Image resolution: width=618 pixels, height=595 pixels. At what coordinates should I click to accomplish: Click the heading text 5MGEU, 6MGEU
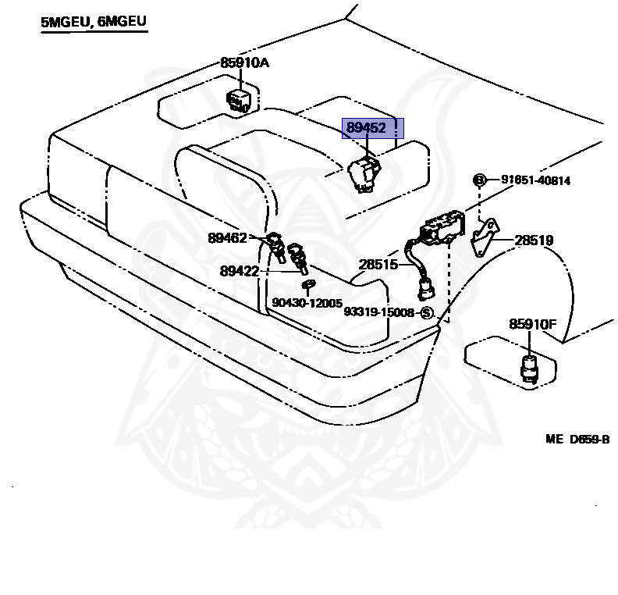(94, 21)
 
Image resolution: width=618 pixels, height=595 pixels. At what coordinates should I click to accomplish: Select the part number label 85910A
(244, 62)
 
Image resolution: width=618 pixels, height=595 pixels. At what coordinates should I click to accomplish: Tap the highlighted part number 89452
(366, 128)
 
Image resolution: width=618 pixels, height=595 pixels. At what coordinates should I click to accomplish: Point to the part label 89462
(227, 237)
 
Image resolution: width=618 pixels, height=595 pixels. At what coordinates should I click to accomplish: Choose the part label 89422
(240, 271)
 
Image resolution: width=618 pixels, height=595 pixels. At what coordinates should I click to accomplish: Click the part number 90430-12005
(307, 302)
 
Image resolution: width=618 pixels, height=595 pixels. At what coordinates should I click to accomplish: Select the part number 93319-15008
(378, 312)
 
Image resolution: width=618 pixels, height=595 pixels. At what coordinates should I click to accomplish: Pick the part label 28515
(378, 264)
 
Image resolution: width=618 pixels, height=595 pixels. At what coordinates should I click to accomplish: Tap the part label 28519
(534, 240)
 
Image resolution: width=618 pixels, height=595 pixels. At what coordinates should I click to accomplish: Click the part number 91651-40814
(535, 180)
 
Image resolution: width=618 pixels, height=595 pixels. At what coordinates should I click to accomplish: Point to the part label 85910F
(533, 324)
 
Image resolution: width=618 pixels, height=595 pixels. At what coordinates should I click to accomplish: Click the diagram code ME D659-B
(577, 439)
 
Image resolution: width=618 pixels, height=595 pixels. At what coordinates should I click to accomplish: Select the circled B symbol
(480, 180)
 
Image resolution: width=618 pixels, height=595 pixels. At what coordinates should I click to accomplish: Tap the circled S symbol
(427, 313)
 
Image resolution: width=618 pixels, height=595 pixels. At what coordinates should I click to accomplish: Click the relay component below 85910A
(239, 101)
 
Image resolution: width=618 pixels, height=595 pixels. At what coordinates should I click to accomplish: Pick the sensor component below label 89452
(365, 174)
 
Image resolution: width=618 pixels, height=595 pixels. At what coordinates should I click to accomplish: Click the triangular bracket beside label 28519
(485, 237)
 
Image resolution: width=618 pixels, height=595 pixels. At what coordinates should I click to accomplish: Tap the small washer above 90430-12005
(308, 284)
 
